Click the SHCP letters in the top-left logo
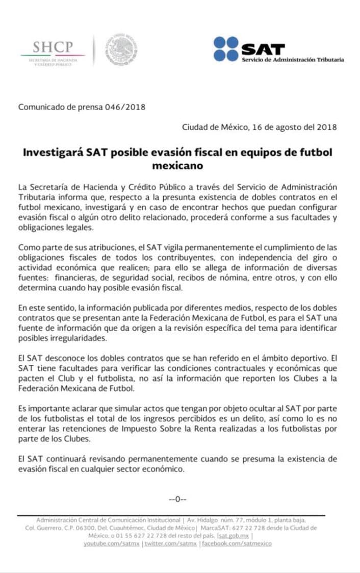tap(53, 47)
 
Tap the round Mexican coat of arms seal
tap(121, 51)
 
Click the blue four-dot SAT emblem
tap(226, 49)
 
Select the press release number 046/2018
tap(125, 107)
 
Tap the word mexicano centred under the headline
tap(177, 166)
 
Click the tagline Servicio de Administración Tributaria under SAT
tap(293, 60)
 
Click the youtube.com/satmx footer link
tap(112, 543)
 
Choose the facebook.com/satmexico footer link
tap(237, 543)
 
